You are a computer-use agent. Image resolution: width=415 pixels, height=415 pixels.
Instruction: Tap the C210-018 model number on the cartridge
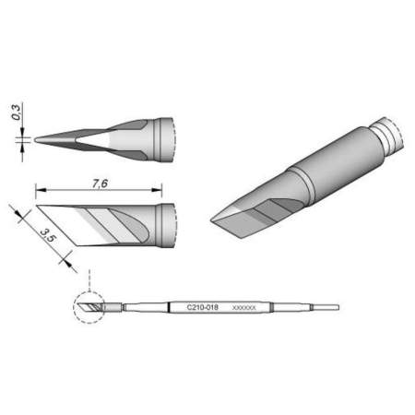204,306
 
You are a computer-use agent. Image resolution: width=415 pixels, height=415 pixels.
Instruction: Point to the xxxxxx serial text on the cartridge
244,306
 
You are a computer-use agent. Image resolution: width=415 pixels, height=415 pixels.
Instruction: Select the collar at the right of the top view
167,138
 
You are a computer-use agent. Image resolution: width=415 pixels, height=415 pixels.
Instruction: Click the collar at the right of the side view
167,226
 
